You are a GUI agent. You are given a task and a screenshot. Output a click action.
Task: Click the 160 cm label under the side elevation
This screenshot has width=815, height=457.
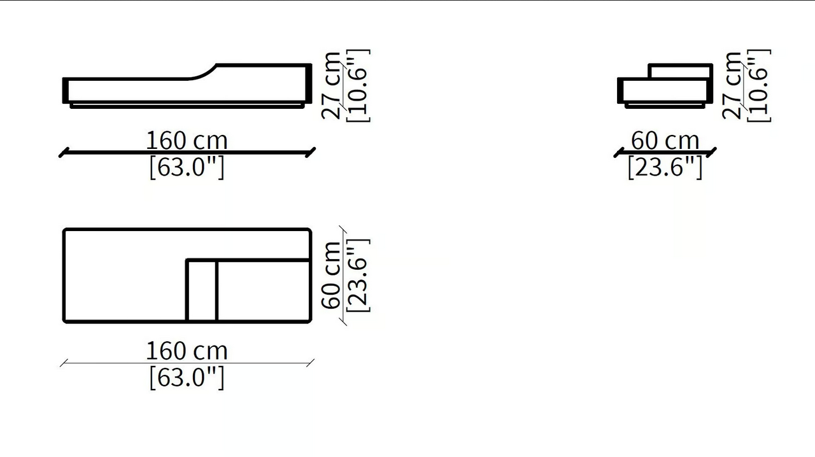(x=187, y=141)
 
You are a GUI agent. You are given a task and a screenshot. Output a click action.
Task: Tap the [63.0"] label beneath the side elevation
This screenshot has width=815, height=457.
(x=187, y=167)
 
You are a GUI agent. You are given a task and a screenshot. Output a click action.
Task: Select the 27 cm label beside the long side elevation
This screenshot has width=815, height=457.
(x=331, y=86)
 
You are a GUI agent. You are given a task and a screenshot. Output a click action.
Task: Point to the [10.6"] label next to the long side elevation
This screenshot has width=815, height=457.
(x=358, y=85)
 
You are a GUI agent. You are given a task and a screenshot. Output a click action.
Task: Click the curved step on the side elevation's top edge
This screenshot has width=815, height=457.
(x=202, y=72)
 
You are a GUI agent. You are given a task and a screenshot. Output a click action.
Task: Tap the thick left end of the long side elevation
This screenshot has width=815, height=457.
(x=66, y=90)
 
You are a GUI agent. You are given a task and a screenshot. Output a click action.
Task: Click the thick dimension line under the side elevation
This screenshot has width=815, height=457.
(x=187, y=153)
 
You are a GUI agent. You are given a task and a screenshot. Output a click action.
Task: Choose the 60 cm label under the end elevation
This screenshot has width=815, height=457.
(x=665, y=141)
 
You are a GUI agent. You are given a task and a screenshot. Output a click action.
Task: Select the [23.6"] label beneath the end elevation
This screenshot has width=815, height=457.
(x=665, y=167)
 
